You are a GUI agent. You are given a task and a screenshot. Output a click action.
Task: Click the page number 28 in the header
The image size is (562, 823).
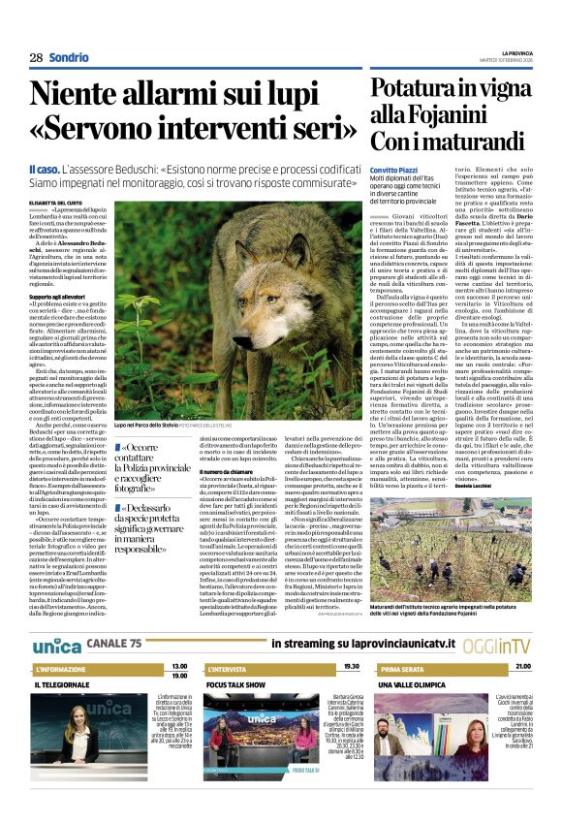coord(35,58)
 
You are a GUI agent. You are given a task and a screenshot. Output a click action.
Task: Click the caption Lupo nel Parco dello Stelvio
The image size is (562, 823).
coord(151,426)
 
